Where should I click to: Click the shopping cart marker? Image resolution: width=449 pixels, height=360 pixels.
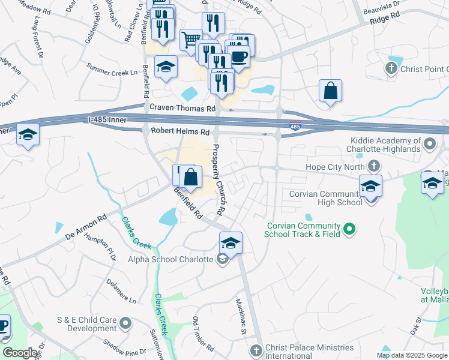pyautogui.click(x=191, y=40)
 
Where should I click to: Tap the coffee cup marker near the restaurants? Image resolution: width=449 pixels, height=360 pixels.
pyautogui.click(x=239, y=58)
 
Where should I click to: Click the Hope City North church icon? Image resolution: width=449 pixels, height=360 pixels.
pyautogui.click(x=374, y=165)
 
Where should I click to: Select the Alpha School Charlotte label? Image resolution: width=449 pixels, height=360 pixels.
pyautogui.click(x=170, y=259)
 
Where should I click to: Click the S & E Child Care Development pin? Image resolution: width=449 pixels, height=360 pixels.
pyautogui.click(x=125, y=324)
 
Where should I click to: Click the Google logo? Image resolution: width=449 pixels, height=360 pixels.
pyautogui.click(x=20, y=353)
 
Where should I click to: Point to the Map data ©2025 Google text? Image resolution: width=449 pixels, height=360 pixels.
pyautogui.click(x=412, y=355)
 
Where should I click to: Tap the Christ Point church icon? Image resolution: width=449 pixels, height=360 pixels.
pyautogui.click(x=391, y=68)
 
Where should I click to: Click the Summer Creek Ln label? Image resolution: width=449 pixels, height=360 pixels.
pyautogui.click(x=112, y=69)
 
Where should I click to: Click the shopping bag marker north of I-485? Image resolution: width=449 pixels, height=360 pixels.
pyautogui.click(x=330, y=91)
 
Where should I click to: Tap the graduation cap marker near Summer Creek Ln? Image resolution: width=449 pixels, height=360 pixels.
pyautogui.click(x=166, y=67)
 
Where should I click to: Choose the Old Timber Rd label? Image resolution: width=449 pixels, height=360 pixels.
pyautogui.click(x=203, y=334)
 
